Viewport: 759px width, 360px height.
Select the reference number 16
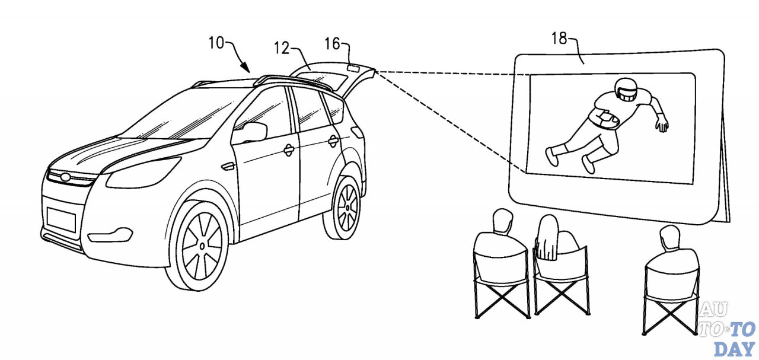tap(333, 43)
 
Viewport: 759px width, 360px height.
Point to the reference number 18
tap(559, 40)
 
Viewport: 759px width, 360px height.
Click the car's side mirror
tap(250, 132)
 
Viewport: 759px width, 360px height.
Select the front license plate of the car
tap(61, 218)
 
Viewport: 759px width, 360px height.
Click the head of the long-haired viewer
tap(549, 227)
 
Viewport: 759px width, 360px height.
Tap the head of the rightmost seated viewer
tap(669, 237)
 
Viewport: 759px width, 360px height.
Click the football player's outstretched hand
tap(662, 124)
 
